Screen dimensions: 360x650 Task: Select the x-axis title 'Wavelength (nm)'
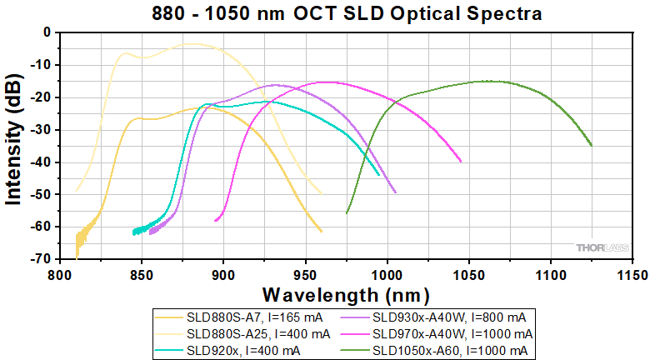pyautogui.click(x=346, y=295)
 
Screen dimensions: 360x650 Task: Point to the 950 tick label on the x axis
pyautogui.click(x=304, y=273)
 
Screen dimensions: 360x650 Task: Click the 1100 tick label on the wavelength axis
pyautogui.click(x=550, y=273)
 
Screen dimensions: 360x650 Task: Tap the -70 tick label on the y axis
pyautogui.click(x=40, y=259)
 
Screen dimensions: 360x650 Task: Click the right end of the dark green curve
pyautogui.click(x=592, y=145)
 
